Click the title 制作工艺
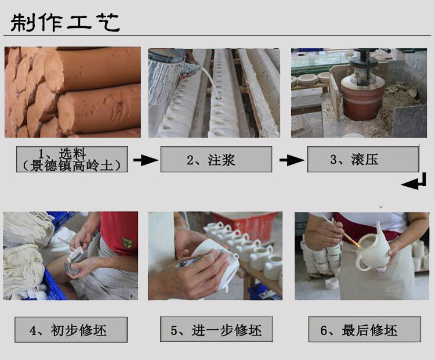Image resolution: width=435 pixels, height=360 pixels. [65, 22]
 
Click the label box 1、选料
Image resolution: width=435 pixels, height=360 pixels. [72, 159]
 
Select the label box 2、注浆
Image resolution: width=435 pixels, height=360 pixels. [216, 160]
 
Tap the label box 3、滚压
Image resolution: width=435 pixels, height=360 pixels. [363, 160]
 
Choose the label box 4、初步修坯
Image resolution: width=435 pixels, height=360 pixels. [71, 329]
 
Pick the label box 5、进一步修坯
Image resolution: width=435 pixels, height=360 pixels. [216, 329]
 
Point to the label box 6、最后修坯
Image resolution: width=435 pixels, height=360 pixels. [365, 329]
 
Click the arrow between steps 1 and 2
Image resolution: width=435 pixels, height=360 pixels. [146, 160]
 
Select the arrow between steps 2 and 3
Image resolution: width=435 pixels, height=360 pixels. [292, 160]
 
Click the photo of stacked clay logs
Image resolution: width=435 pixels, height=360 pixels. [72, 92]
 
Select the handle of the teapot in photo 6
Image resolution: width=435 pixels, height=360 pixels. [362, 264]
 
